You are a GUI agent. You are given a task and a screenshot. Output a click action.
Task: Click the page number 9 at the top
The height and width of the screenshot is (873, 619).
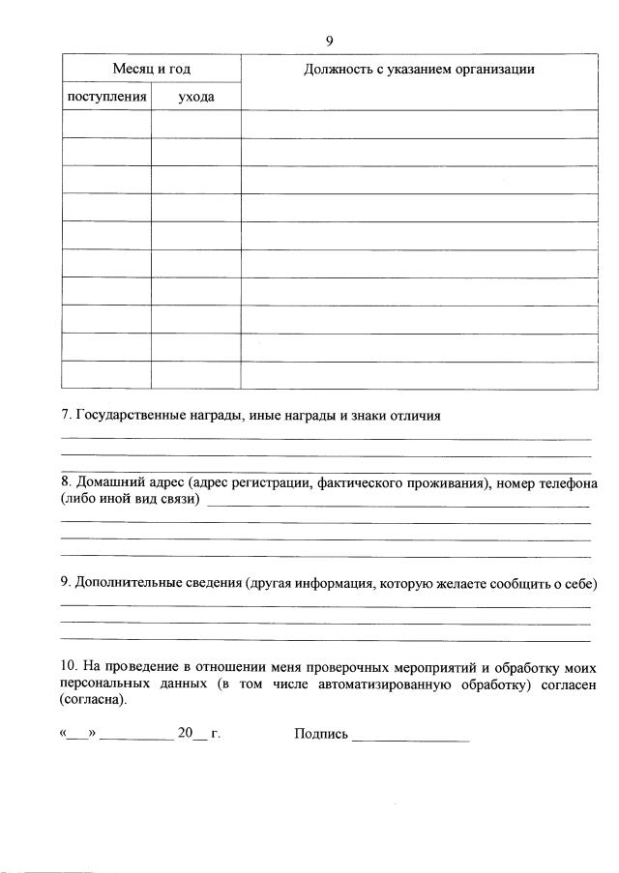[329, 40]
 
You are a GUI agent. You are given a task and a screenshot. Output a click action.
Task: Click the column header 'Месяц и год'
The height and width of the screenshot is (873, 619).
[152, 69]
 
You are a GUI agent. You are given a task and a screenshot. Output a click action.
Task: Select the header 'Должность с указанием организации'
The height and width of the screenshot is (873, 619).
[418, 69]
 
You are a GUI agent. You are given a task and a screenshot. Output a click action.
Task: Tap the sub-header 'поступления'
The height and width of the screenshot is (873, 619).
[106, 97]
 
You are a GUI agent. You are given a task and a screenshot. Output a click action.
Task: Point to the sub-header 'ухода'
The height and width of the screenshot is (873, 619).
[196, 97]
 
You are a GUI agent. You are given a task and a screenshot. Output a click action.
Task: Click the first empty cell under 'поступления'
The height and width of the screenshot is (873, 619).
[106, 124]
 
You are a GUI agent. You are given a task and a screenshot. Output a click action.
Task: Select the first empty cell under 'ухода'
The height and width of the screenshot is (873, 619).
[196, 124]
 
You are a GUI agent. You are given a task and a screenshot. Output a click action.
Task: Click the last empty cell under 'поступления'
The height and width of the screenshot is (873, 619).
[106, 375]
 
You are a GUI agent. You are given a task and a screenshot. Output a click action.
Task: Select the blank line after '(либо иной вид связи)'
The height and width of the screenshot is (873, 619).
[398, 503]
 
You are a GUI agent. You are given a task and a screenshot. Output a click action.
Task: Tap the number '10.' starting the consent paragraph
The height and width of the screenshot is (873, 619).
[69, 666]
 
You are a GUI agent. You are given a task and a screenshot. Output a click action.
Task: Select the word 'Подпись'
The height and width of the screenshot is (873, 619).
[320, 735]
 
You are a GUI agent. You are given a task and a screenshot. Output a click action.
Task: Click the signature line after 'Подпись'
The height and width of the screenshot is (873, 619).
[411, 738]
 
